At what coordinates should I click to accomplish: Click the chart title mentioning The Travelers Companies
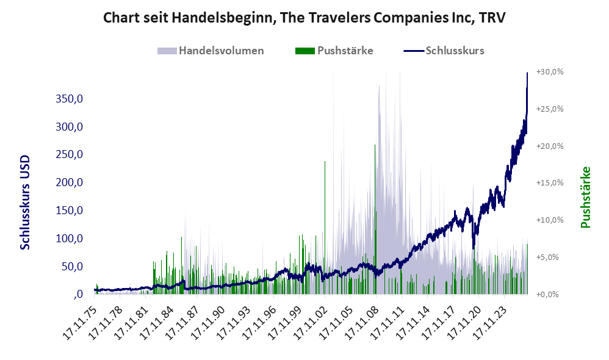pyautogui.click(x=304, y=18)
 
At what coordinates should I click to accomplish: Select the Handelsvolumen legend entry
pyautogui.click(x=211, y=51)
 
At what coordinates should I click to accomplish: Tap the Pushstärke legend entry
pyautogui.click(x=334, y=51)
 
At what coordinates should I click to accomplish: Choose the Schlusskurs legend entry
pyautogui.click(x=444, y=51)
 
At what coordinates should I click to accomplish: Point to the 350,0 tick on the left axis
pyautogui.click(x=69, y=99)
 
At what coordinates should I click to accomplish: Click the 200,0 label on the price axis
pyautogui.click(x=69, y=182)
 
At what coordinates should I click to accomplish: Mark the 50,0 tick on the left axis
pyautogui.click(x=72, y=267)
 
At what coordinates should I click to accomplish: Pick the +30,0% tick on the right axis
pyautogui.click(x=550, y=72)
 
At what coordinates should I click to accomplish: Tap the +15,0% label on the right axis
pyautogui.click(x=550, y=183)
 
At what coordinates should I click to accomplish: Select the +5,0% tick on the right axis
pyautogui.click(x=552, y=257)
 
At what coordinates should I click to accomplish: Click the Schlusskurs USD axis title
pyautogui.click(x=25, y=203)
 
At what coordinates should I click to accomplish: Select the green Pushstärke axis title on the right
pyautogui.click(x=585, y=197)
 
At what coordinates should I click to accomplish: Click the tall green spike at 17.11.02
pyautogui.click(x=325, y=228)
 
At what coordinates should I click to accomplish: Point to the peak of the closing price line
pyautogui.click(x=527, y=73)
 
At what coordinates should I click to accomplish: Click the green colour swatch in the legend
pyautogui.click(x=305, y=51)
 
